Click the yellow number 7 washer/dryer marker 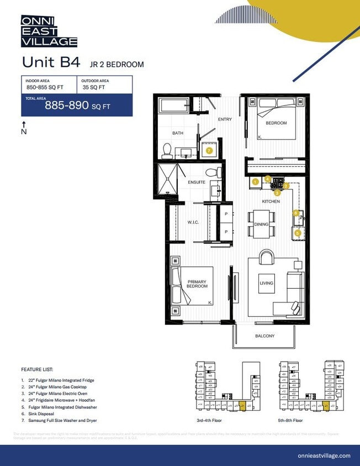(209, 150)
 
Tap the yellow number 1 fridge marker (255, 181)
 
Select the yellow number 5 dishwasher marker (298, 233)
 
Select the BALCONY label (264, 336)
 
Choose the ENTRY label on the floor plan (225, 119)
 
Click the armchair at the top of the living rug (266, 257)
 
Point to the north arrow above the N (24, 124)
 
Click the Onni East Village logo (49, 31)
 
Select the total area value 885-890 (67, 105)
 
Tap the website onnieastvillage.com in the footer (324, 456)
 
